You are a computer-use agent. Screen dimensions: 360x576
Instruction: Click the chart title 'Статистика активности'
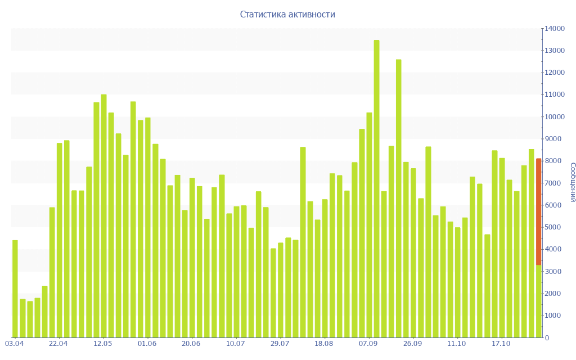coord(287,15)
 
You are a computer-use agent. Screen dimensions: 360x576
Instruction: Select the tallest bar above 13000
coord(376,188)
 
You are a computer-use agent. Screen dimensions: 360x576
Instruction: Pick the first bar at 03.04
coord(15,289)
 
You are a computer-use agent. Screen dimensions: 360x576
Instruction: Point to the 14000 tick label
coord(554,28)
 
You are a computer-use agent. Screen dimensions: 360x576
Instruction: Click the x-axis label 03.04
coord(15,344)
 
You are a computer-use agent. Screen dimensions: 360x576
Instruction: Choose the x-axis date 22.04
coord(58,344)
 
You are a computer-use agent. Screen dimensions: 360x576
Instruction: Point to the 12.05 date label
coord(103,344)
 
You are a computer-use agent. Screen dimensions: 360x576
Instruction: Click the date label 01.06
coord(147,344)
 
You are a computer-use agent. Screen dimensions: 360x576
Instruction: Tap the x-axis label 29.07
coord(280,344)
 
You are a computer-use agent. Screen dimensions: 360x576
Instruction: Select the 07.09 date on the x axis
coord(368,344)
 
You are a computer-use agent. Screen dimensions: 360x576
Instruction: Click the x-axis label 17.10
coord(501,344)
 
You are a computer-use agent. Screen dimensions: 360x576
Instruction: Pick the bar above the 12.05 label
coord(103,216)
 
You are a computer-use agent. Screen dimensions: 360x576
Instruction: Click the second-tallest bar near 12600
coord(398,198)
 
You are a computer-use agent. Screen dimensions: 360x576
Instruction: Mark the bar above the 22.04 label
coord(60,240)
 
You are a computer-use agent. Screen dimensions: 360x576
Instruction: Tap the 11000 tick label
coord(554,94)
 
